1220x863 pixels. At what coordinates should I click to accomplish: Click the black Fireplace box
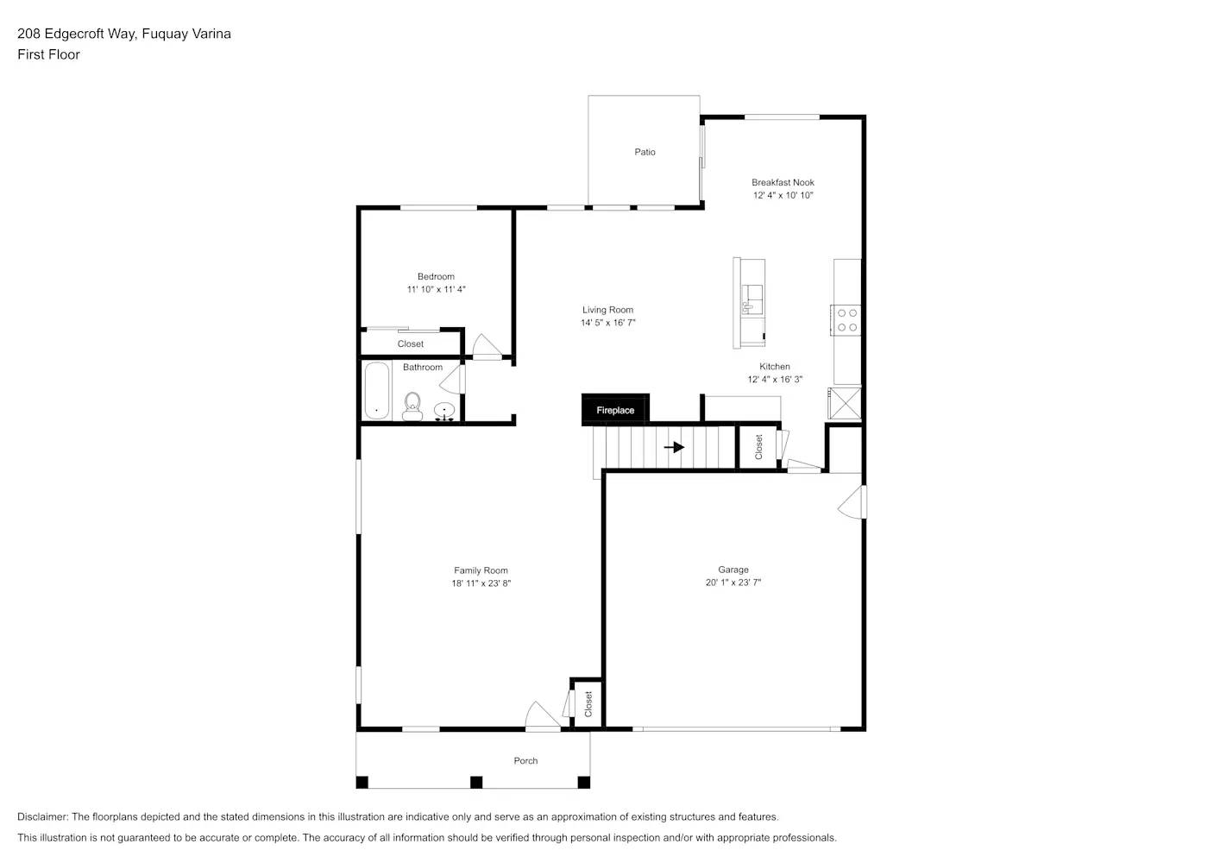[615, 410]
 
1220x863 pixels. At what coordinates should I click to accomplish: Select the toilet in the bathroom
[412, 406]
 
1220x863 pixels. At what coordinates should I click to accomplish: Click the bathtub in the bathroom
[376, 391]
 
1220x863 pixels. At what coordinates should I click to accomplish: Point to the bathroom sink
[444, 411]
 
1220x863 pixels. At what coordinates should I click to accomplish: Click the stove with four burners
[846, 319]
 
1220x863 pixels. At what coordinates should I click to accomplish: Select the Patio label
[645, 152]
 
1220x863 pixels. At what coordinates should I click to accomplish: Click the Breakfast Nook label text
[783, 182]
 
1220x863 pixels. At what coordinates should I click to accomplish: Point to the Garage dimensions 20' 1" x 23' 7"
[733, 583]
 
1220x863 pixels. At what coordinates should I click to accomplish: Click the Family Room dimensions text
[481, 583]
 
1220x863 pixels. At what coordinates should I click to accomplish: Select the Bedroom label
[436, 277]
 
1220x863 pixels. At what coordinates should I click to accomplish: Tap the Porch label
[525, 760]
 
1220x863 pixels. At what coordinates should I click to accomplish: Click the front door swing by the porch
[541, 716]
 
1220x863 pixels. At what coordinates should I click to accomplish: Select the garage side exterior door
[854, 502]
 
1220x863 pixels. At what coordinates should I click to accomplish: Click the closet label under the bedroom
[410, 343]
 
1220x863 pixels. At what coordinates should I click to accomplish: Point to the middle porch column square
[475, 782]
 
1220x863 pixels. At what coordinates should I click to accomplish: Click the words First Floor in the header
[48, 54]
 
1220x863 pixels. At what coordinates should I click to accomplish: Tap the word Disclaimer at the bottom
[42, 816]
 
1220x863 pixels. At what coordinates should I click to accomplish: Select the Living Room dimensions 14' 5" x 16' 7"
[607, 323]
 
